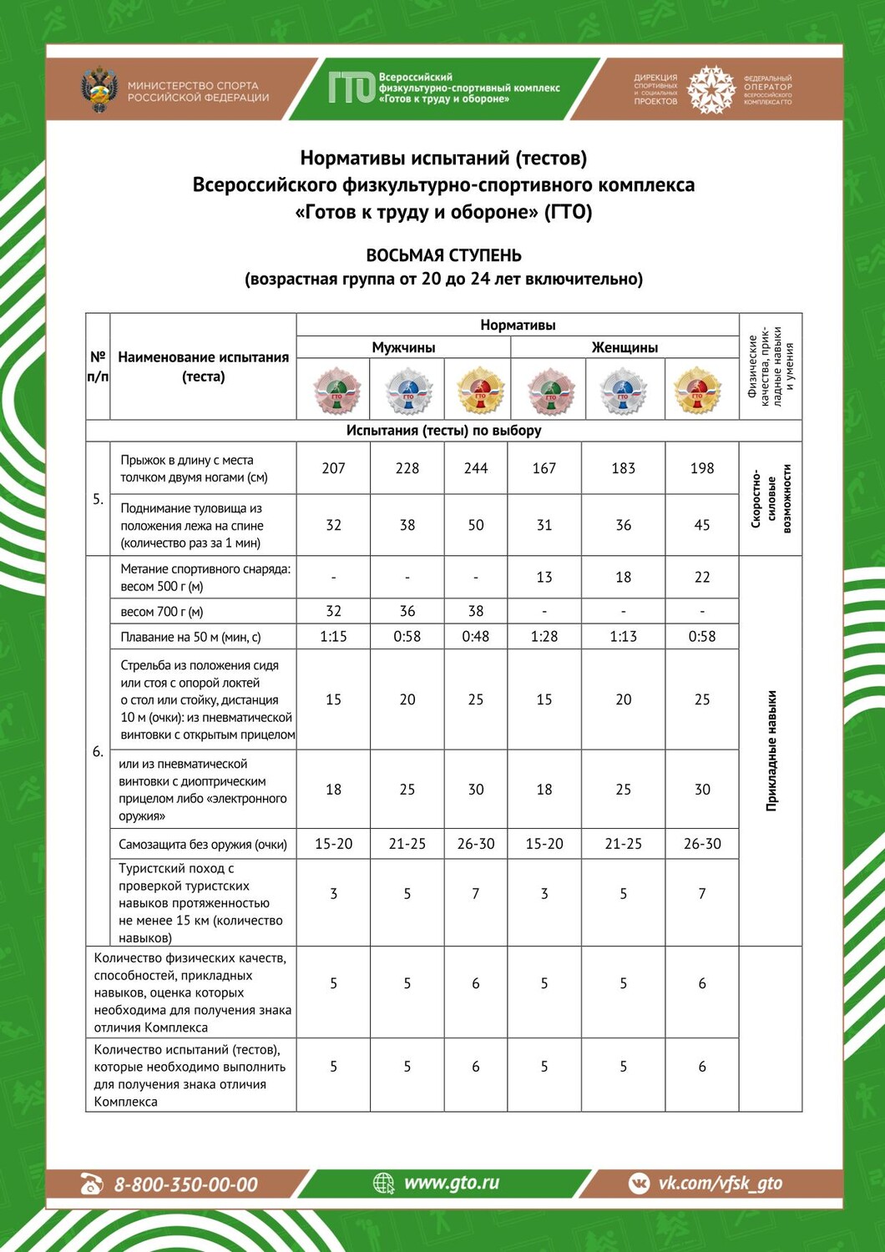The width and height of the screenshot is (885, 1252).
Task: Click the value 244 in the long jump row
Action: click(476, 468)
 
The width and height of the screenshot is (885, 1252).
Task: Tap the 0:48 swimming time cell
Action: click(476, 636)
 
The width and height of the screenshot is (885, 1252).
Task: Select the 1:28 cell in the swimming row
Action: click(544, 636)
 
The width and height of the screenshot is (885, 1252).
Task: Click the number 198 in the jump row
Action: click(702, 468)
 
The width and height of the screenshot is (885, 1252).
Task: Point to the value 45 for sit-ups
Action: click(702, 525)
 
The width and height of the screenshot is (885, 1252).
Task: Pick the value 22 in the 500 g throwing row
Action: click(702, 577)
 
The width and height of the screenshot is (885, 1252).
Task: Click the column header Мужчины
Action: click(403, 347)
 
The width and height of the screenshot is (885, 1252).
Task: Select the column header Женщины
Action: click(625, 347)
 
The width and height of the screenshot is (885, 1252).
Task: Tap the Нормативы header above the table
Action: click(518, 325)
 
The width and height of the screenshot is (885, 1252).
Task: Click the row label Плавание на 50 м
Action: click(190, 637)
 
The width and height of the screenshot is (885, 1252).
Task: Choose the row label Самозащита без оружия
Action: click(203, 844)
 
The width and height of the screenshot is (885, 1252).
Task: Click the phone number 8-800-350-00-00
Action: click(185, 1184)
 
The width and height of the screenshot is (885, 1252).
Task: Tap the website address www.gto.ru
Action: click(451, 1183)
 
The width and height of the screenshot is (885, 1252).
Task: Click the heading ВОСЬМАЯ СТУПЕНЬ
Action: click(443, 255)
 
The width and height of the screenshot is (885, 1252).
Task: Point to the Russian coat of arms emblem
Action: click(99, 90)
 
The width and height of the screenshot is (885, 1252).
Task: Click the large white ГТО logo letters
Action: click(351, 88)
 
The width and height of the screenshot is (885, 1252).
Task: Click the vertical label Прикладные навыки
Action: click(771, 750)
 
